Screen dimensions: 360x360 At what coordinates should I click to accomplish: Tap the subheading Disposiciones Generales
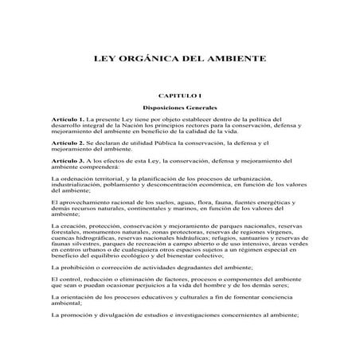click(179, 105)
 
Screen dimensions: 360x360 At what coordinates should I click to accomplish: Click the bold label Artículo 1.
click(84, 117)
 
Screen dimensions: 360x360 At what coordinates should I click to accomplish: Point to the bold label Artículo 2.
click(84, 141)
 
